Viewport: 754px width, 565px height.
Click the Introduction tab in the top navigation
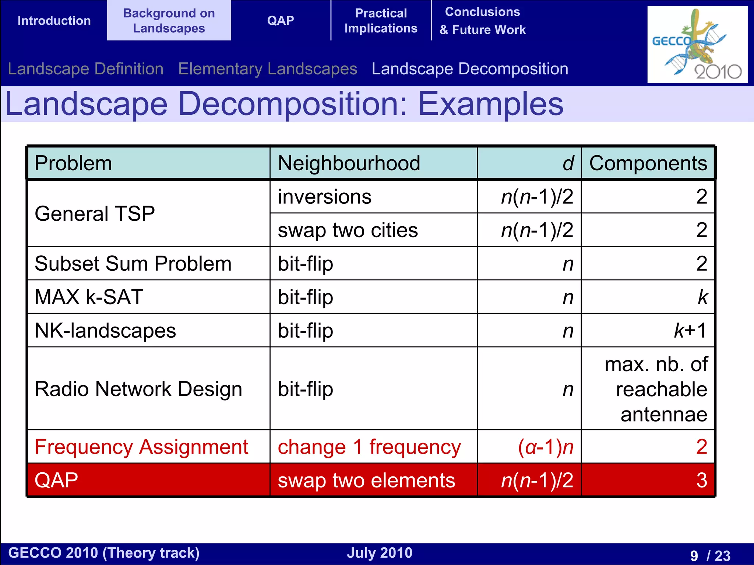pyautogui.click(x=54, y=21)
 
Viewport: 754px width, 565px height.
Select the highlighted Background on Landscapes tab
pyautogui.click(x=169, y=21)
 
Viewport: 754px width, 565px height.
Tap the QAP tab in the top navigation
pyautogui.click(x=281, y=21)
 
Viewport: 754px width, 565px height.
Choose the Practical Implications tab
pyautogui.click(x=381, y=21)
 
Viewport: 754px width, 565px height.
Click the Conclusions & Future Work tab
pyautogui.click(x=482, y=21)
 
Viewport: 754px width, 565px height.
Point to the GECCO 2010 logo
pyautogui.click(x=697, y=44)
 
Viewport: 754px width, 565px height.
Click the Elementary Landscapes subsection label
pyautogui.click(x=268, y=69)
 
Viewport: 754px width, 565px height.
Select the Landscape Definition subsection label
pyautogui.click(x=85, y=69)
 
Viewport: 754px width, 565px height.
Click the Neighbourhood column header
pyautogui.click(x=349, y=163)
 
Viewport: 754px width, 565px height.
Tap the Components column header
pyautogui.click(x=648, y=163)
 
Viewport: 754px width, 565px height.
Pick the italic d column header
pyautogui.click(x=568, y=163)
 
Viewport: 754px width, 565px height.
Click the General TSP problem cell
pyautogui.click(x=95, y=213)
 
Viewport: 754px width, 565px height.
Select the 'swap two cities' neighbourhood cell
pyautogui.click(x=348, y=230)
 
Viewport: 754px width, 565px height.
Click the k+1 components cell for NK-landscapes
pyautogui.click(x=690, y=330)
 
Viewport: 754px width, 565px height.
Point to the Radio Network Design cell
pyautogui.click(x=138, y=389)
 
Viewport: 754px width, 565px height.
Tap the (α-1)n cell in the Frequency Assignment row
pyautogui.click(x=546, y=447)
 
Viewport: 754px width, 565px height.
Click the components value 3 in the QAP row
pyautogui.click(x=701, y=480)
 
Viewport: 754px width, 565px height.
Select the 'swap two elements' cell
pyautogui.click(x=366, y=480)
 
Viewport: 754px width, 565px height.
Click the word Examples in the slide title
pyautogui.click(x=490, y=104)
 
